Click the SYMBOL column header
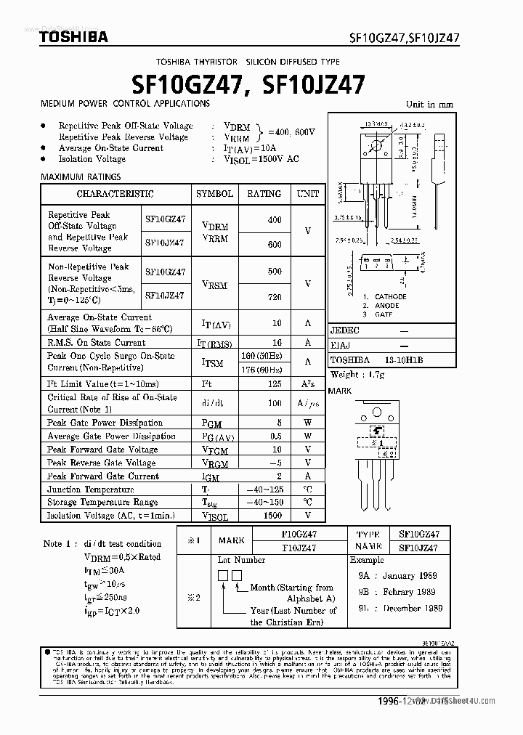click(214, 194)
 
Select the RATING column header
click(264, 194)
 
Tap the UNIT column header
click(307, 194)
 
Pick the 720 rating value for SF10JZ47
click(274, 298)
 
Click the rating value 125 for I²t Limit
click(274, 383)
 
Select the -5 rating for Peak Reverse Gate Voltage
click(274, 463)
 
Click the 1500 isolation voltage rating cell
click(273, 515)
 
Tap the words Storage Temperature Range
click(102, 502)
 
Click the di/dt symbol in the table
click(214, 403)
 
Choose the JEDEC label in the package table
click(345, 330)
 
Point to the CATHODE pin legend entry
click(390, 297)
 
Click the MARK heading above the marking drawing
click(340, 391)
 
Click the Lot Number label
click(241, 560)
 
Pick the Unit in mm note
click(429, 104)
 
